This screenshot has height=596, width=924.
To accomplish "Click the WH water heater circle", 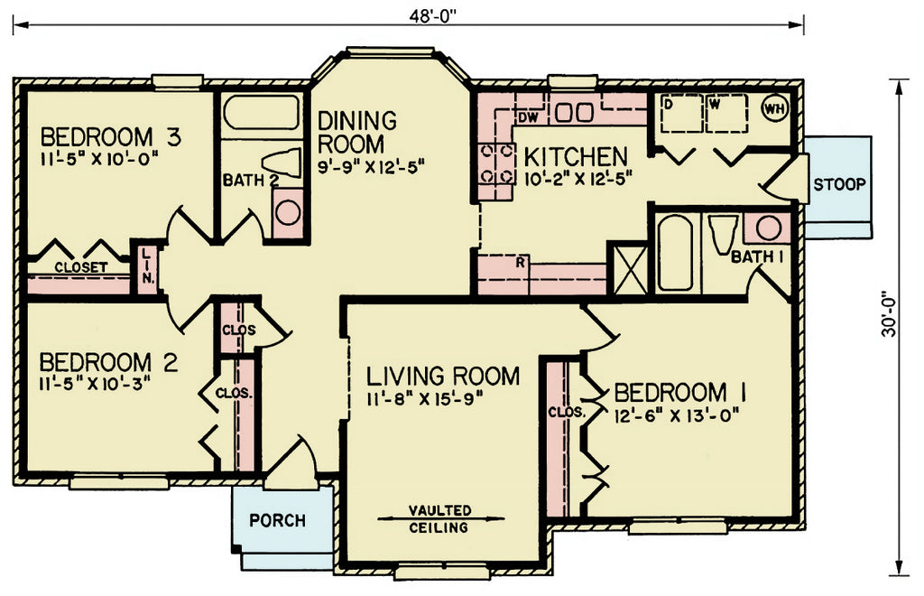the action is tap(773, 107).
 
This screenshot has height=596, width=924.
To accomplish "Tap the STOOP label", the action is tap(839, 184).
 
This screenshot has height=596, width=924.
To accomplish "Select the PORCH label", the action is tap(277, 520).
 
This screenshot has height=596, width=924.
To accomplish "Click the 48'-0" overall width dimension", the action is tap(433, 16).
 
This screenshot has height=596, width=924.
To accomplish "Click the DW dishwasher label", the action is tap(528, 118).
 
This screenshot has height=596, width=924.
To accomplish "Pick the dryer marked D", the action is tap(681, 113).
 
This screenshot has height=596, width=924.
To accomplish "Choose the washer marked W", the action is tap(726, 113).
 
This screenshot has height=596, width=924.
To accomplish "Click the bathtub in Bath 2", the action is tap(261, 112).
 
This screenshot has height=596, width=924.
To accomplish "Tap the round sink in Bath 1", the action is tap(769, 228).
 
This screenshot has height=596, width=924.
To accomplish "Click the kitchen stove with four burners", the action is tap(495, 163).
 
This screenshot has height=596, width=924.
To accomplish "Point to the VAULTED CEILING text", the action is tap(439, 518).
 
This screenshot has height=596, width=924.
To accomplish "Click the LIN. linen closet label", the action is tap(148, 266).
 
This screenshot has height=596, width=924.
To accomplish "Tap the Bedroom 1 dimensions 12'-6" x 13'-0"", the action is tap(676, 416).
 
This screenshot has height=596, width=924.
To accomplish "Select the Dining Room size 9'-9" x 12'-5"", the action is tap(371, 166).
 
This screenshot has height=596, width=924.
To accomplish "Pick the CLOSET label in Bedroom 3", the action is tap(80, 267).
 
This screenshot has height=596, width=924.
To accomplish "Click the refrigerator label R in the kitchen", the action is tap(520, 263).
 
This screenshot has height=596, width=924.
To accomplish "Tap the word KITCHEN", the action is tap(576, 157).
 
